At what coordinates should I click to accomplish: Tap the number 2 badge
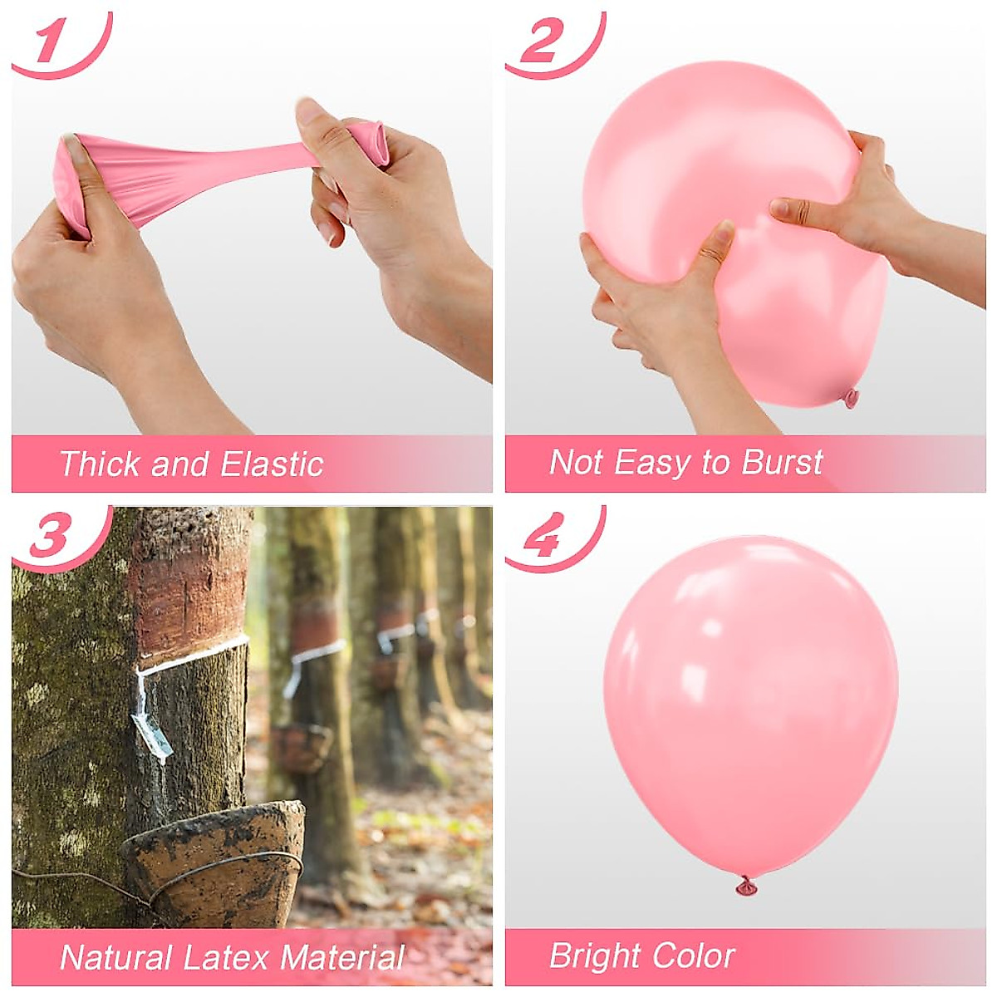click(x=542, y=42)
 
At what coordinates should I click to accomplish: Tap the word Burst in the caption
click(x=781, y=462)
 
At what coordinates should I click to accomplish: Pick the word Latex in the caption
click(x=227, y=957)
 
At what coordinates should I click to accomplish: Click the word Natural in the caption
click(x=115, y=957)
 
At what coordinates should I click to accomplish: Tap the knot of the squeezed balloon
click(x=850, y=398)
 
